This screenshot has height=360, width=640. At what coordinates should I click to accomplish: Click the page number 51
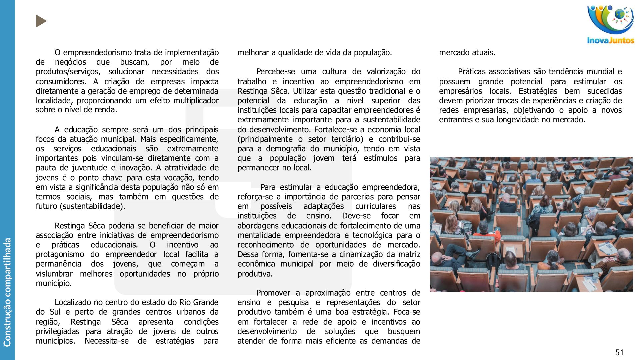[x=619, y=352]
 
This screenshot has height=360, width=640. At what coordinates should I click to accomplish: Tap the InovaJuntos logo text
[x=611, y=41]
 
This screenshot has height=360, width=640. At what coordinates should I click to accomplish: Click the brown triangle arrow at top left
[x=41, y=21]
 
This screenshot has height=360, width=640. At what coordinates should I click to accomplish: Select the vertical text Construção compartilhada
[x=7, y=292]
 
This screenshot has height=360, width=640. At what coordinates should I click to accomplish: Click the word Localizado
[x=73, y=302]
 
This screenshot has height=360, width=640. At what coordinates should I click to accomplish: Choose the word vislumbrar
[x=54, y=274]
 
